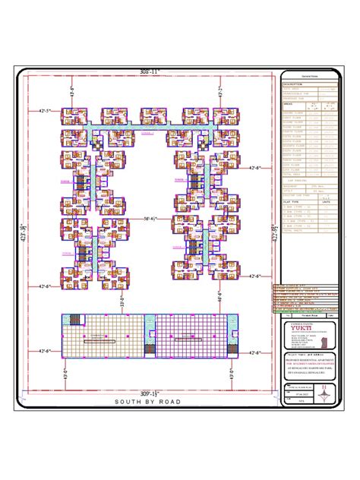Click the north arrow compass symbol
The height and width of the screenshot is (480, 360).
[x=326, y=393]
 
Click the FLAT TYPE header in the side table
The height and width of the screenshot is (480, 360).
[x=292, y=201]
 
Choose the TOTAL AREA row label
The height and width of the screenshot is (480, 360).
[x=293, y=174]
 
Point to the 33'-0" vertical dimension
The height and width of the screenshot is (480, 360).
[x=123, y=301]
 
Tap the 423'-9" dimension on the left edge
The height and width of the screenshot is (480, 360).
[x=24, y=228]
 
